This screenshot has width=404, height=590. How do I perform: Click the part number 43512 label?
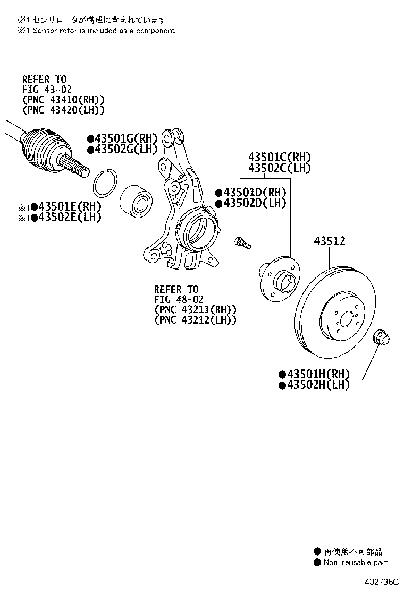(x=330, y=241)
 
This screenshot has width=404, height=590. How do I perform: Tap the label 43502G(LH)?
(x=125, y=150)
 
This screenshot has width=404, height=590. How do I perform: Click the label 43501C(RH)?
(x=279, y=157)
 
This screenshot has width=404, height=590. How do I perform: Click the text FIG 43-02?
(x=47, y=89)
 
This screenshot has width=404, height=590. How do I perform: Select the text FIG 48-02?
(x=179, y=300)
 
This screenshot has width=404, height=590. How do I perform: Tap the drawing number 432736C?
(x=381, y=582)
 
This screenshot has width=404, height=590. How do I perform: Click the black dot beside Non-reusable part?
(x=317, y=562)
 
